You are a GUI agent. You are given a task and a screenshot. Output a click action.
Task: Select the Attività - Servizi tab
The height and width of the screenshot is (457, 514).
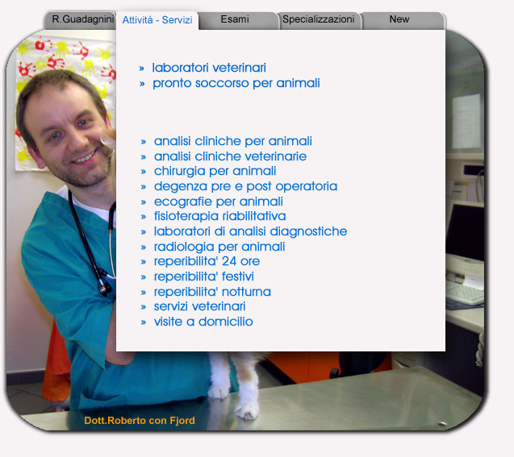click(x=157, y=20)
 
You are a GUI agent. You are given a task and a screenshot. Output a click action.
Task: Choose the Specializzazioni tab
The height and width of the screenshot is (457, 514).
click(x=320, y=19)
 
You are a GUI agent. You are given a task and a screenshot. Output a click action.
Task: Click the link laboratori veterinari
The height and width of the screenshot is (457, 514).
click(x=209, y=68)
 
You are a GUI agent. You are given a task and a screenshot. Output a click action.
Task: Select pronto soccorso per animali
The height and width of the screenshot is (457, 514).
click(x=236, y=84)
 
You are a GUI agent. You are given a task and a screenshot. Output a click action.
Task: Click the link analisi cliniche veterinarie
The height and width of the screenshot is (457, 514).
click(x=230, y=156)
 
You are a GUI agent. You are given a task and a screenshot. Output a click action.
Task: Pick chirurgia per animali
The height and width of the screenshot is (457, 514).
click(x=215, y=171)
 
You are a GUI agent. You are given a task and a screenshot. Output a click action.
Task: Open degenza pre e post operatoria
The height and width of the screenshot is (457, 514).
click(x=245, y=187)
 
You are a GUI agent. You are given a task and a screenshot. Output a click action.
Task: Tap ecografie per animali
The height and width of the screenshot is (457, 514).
click(x=219, y=201)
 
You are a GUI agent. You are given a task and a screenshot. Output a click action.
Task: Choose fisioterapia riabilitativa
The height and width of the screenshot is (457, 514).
click(x=219, y=216)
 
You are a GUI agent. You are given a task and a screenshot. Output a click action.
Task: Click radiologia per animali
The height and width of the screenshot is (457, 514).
click(x=219, y=247)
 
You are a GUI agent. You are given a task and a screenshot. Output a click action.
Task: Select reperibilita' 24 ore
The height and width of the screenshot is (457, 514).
click(x=207, y=261)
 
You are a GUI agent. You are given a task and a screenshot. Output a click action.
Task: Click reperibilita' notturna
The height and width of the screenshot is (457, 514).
click(x=212, y=292)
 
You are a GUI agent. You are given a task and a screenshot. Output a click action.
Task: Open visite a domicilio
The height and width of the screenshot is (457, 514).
click(x=203, y=322)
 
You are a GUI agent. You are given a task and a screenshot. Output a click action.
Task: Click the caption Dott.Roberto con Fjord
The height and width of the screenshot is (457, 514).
click(x=140, y=421)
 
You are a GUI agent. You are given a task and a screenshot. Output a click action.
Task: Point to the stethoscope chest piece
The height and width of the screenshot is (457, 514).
click(x=105, y=287)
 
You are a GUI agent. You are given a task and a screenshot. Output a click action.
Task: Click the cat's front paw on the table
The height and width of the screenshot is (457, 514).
click(x=247, y=410)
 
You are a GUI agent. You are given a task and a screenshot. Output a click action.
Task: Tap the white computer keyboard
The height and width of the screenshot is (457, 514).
click(x=465, y=293)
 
